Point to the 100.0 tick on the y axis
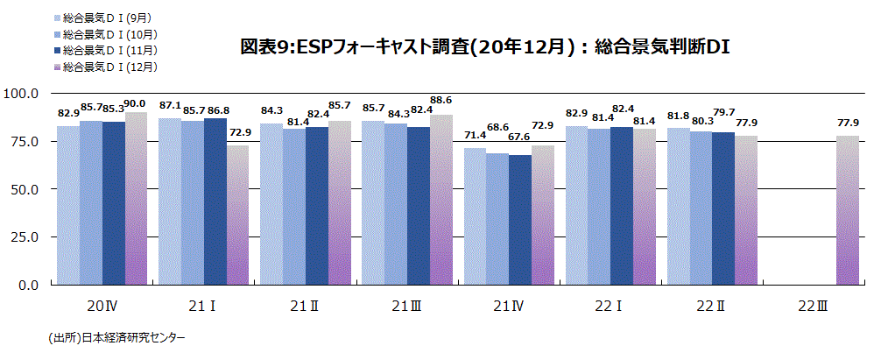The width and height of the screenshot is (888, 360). pos(22,93)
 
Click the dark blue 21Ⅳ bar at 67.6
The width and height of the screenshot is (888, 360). pos(519,220)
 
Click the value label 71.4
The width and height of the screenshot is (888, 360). pos(474,136)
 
